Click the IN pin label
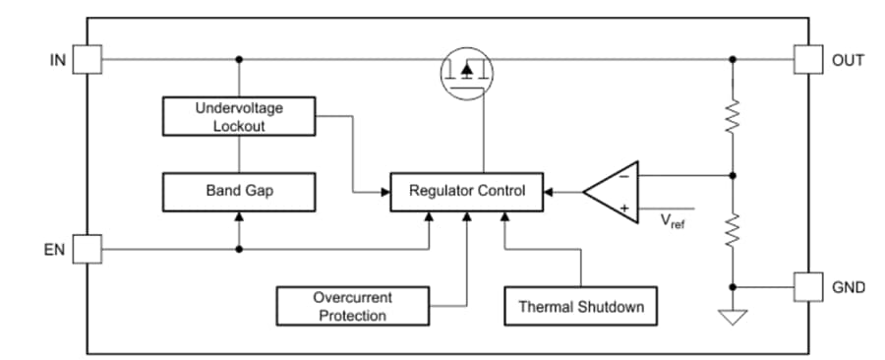click(57, 60)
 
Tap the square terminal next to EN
click(88, 249)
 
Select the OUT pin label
click(847, 60)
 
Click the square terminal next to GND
click(808, 287)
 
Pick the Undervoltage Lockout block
click(239, 116)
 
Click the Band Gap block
click(239, 191)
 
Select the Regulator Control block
click(467, 191)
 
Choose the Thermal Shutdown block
click(581, 307)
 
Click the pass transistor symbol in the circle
click(466, 71)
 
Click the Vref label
click(673, 220)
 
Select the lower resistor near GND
click(733, 232)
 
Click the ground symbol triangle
click(733, 317)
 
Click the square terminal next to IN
click(88, 60)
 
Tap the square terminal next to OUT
click(808, 60)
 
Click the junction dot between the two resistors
click(733, 176)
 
